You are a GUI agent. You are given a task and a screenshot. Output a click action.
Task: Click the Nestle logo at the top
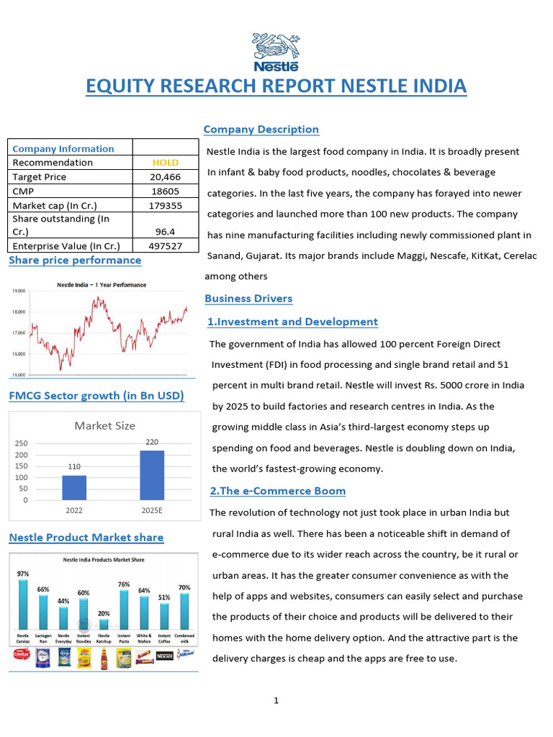click(276, 52)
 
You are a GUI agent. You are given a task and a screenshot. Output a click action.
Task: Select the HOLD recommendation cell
click(166, 163)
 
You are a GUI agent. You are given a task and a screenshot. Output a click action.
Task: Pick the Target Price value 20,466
click(166, 177)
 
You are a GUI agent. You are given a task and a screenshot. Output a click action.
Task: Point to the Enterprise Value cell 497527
click(166, 245)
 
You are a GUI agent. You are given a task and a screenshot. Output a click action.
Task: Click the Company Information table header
click(63, 148)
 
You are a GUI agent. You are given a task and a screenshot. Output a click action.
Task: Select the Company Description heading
click(261, 130)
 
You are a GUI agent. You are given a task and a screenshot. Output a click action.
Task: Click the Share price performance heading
click(75, 260)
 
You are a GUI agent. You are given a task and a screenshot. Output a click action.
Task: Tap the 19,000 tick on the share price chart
click(19, 291)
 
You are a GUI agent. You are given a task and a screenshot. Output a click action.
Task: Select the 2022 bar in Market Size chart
click(74, 487)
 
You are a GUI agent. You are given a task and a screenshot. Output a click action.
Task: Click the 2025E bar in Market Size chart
click(152, 475)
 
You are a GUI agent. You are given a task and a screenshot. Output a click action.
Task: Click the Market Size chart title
click(104, 425)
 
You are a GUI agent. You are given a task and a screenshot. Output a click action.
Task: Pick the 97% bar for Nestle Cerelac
click(24, 603)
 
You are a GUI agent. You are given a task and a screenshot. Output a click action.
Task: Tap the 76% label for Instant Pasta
click(124, 584)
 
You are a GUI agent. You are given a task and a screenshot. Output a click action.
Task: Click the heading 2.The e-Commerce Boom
click(278, 491)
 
